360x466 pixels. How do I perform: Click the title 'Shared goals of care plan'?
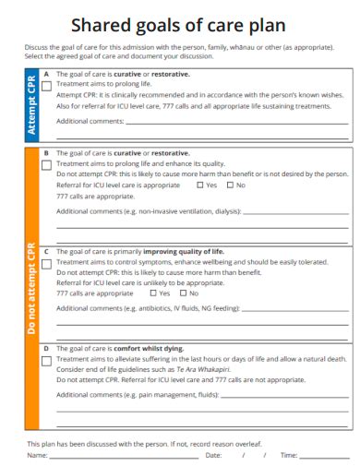(x=179, y=26)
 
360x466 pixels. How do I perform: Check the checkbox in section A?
(x=46, y=84)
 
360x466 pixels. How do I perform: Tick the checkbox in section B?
(x=46, y=164)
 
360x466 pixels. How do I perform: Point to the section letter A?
(x=46, y=73)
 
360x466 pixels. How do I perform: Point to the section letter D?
(x=46, y=349)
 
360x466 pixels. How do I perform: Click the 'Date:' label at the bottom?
(x=213, y=455)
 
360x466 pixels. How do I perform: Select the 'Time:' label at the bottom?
(x=289, y=455)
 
